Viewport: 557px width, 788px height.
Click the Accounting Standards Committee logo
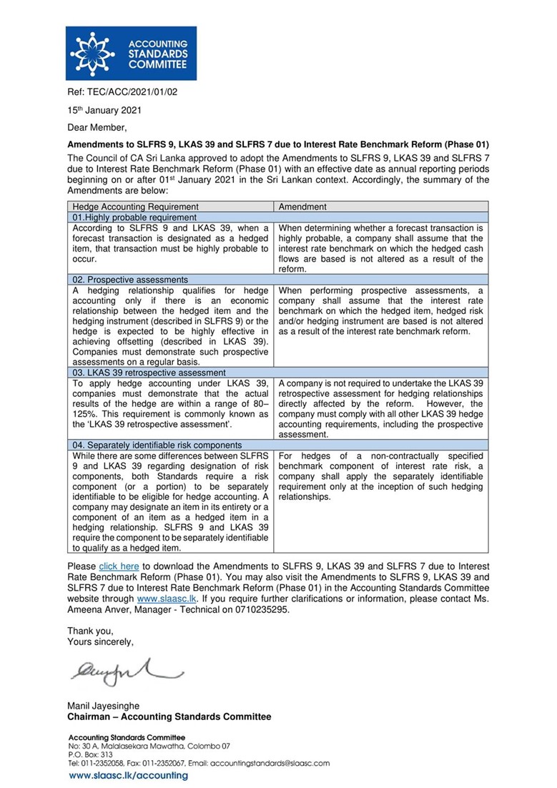[x=131, y=54]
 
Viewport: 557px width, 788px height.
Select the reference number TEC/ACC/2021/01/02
[x=122, y=92]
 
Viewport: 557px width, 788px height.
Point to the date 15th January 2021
[x=104, y=110]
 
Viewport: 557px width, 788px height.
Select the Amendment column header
[x=302, y=207]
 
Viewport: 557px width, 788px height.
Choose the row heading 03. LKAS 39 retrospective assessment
[x=149, y=373]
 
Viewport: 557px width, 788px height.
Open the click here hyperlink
[x=119, y=566]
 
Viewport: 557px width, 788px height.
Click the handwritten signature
[x=126, y=669]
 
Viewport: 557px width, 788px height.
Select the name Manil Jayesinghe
[x=104, y=706]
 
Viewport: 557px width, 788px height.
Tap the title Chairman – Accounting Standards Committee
[x=169, y=716]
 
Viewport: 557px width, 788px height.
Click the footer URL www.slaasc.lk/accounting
[x=128, y=775]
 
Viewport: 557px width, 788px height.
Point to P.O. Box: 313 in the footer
[x=90, y=754]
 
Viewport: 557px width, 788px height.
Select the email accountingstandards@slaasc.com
[x=270, y=763]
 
